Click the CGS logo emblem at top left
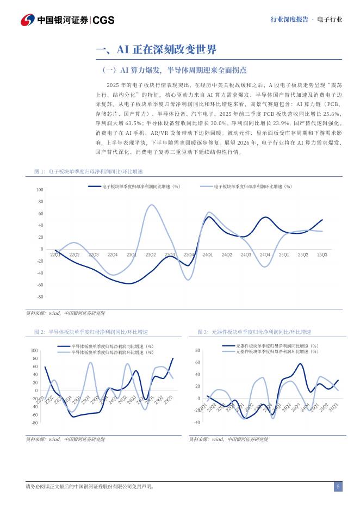click(x=27, y=20)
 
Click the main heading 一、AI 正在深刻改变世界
click(x=156, y=50)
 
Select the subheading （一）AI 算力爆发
click(x=175, y=70)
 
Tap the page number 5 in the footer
click(x=338, y=486)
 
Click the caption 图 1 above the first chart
click(x=88, y=171)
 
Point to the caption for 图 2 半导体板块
click(x=91, y=332)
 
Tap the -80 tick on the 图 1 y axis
click(x=40, y=297)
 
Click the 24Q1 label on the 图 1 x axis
click(x=207, y=254)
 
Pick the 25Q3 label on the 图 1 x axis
click(x=322, y=254)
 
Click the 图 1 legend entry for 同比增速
click(x=134, y=187)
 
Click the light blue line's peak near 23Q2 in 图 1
click(x=152, y=205)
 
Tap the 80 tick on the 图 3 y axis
click(x=197, y=350)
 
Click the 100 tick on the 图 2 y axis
click(x=35, y=351)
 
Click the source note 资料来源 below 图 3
click(x=228, y=439)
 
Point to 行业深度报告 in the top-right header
click(x=288, y=20)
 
